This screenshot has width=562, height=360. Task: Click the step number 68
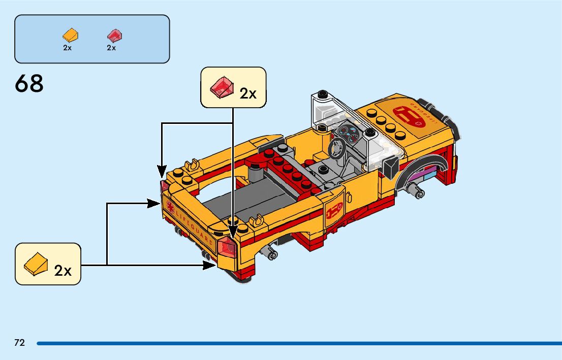tap(29, 84)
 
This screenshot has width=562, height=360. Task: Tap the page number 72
tap(19, 343)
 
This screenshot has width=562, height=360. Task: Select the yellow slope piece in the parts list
tap(70, 36)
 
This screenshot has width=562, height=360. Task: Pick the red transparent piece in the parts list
tap(114, 36)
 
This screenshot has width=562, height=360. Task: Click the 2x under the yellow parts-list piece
tap(68, 48)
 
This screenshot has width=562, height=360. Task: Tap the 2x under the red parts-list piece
tap(111, 48)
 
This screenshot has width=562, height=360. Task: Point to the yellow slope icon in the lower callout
tap(36, 264)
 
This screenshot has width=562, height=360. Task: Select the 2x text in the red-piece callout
tap(248, 93)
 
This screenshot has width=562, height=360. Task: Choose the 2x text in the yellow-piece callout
tap(63, 271)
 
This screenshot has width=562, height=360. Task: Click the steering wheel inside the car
tap(336, 147)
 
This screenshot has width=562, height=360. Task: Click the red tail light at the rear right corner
tap(227, 247)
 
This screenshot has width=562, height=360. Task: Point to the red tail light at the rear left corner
tap(164, 186)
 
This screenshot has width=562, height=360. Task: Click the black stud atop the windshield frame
tap(321, 94)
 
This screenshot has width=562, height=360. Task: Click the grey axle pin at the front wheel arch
tap(419, 192)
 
